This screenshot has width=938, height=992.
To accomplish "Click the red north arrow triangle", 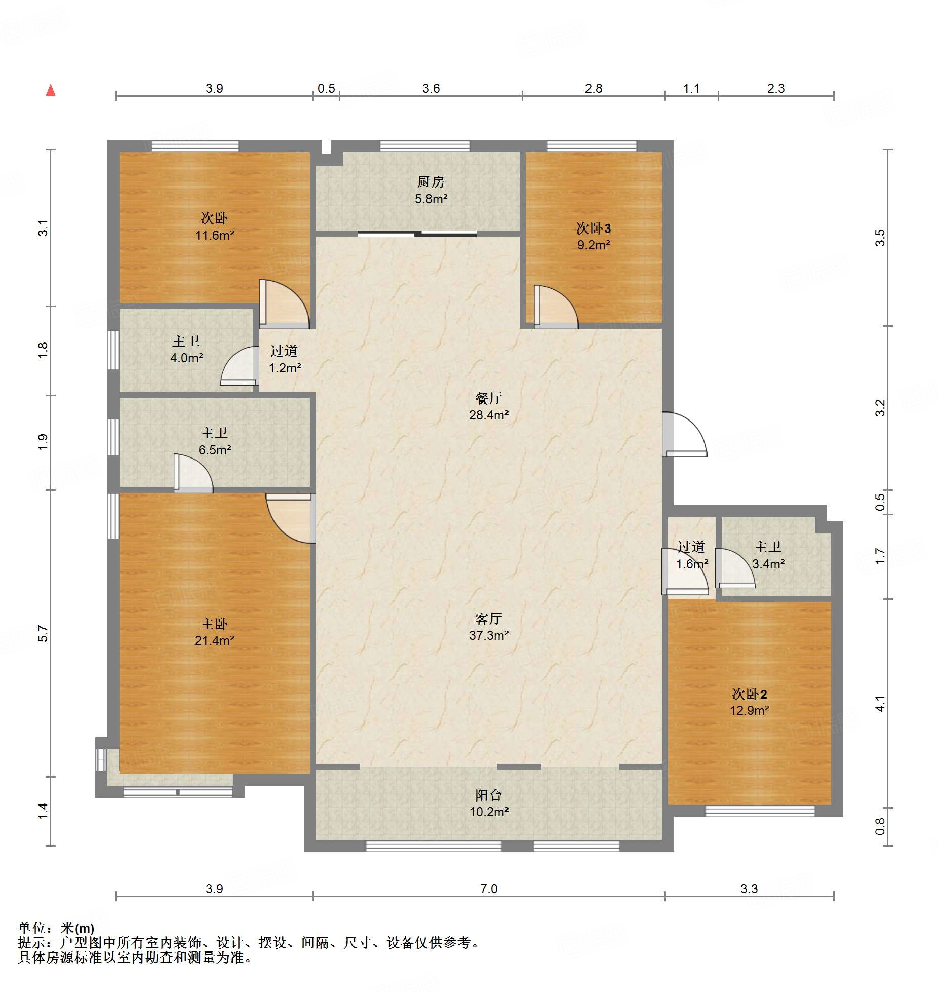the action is [51, 91].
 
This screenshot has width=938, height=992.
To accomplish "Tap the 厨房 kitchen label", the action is [431, 181].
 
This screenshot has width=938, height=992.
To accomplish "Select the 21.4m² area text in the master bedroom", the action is [214, 640].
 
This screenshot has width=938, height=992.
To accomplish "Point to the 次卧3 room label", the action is [594, 228].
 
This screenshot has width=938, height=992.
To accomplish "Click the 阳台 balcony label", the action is [488, 795].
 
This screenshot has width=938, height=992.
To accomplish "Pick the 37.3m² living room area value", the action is [488, 635].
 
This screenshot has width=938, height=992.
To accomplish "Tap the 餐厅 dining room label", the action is [488, 398].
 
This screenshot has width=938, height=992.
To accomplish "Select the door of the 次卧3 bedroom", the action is [556, 307].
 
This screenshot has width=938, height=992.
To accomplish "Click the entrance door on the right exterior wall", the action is [684, 435].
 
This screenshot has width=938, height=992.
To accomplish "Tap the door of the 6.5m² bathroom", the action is [193, 473].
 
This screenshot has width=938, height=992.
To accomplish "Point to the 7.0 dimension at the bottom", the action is [488, 889].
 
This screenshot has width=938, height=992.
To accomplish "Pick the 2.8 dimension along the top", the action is [594, 89].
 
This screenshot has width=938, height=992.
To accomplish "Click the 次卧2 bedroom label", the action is [750, 694].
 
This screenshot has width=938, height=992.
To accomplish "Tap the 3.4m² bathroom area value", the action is [768, 564].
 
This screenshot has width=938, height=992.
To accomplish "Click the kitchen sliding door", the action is [417, 234].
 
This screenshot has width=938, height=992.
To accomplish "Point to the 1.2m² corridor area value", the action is [285, 368].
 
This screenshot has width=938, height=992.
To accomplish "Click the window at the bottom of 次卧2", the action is [760, 811].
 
